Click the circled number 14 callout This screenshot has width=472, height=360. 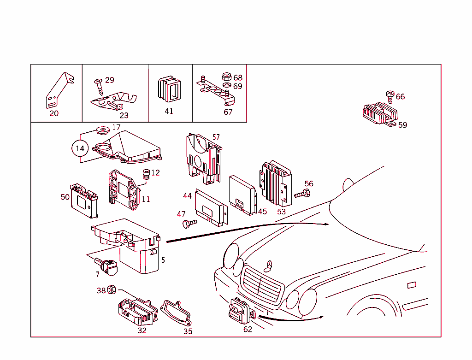point(80,148)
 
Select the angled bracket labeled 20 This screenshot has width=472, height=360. point(59,89)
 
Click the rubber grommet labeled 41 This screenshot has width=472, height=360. point(169,89)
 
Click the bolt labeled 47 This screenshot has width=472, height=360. point(189,224)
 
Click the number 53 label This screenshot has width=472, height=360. point(281,212)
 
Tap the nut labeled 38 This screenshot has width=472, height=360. point(111,290)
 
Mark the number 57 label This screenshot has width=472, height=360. point(216,137)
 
